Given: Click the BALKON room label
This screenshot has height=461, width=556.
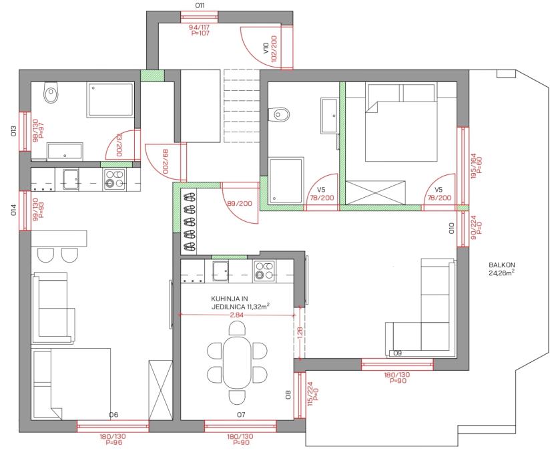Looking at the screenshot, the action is (502, 265).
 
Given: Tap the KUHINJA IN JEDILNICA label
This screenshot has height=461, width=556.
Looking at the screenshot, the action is (240, 303).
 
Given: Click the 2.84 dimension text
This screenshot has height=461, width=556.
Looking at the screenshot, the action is (237, 315).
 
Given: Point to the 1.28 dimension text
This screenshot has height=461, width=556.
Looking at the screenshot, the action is (300, 333).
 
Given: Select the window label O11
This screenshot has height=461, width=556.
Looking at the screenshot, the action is (200, 5).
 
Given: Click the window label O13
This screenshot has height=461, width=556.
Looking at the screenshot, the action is (14, 131).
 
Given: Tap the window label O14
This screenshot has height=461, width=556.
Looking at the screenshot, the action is (14, 210).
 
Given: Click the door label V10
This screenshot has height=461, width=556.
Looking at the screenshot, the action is (266, 48).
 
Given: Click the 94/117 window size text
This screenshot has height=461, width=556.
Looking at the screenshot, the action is (200, 27).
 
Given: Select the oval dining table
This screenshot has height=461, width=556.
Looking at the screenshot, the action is (237, 362).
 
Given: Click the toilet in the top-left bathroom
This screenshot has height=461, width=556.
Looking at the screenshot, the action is (51, 92).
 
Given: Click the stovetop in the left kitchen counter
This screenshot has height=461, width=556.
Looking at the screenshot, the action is (114, 179).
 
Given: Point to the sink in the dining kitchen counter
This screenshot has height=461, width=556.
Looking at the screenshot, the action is (220, 271).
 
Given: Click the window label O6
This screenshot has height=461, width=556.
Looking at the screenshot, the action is (113, 414).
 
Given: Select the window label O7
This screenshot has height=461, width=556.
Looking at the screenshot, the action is (241, 414).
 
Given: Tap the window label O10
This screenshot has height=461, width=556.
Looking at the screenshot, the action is (451, 228).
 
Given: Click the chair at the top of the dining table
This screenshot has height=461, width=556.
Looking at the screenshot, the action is (237, 328).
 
